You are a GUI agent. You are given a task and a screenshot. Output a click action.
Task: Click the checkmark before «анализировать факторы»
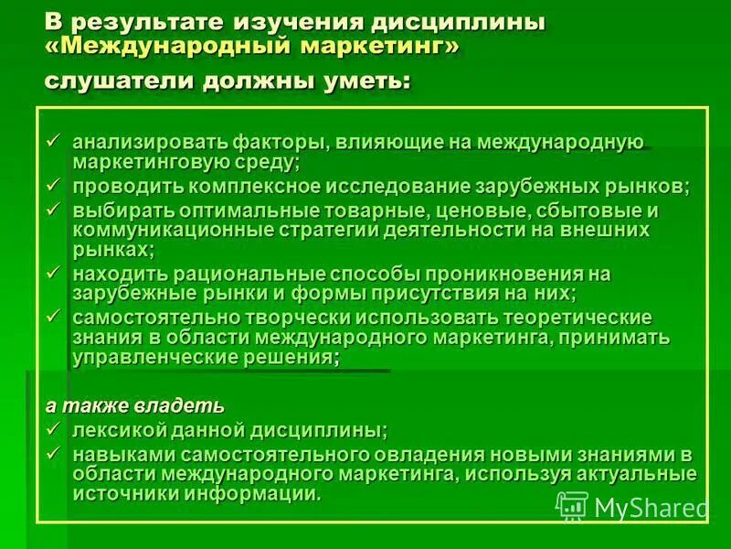[x=55, y=141]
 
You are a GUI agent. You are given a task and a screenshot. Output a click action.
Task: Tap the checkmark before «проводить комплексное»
[x=55, y=185]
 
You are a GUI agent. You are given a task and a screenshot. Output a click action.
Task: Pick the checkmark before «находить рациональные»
[x=55, y=273]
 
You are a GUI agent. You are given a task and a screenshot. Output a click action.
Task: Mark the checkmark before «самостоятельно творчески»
[x=55, y=317]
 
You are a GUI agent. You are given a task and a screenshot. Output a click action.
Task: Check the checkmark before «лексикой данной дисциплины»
[x=55, y=428]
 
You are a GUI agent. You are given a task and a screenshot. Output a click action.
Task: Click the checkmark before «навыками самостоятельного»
[x=55, y=453]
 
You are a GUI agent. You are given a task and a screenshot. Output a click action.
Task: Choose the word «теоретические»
[x=576, y=318]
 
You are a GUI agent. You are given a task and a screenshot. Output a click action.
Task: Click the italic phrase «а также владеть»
[x=135, y=405]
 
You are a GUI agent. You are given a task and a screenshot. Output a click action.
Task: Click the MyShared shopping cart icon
[x=571, y=506]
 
